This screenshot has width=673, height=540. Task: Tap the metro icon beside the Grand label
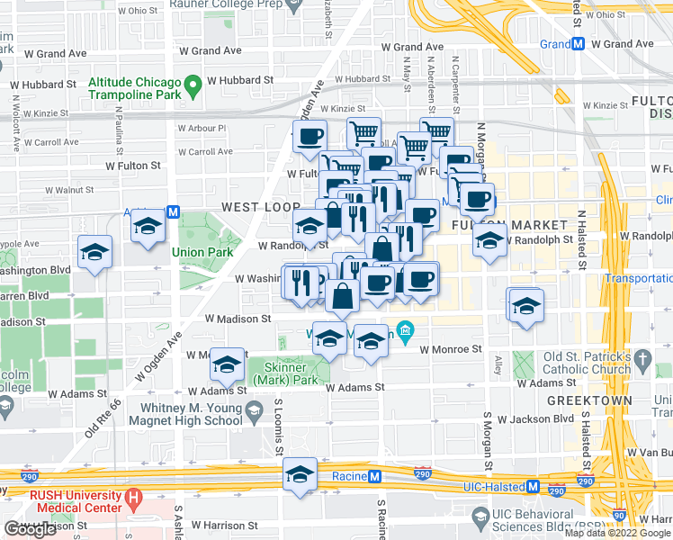point(580,43)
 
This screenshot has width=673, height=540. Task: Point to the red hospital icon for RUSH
point(134,496)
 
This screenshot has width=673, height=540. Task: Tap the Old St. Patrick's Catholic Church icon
point(642,359)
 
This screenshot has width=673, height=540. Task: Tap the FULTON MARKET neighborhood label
point(511,224)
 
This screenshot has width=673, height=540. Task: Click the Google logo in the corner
point(30,529)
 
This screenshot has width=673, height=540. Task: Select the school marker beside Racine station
point(301,474)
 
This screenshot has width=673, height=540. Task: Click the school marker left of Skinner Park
point(228,364)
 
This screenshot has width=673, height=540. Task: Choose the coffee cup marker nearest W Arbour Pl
point(310,137)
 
